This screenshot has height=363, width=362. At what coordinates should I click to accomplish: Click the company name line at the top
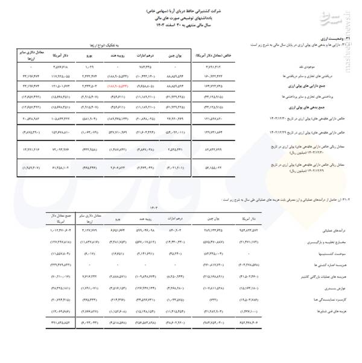[181, 11]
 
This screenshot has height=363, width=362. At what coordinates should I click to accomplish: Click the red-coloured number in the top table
[120, 87]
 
